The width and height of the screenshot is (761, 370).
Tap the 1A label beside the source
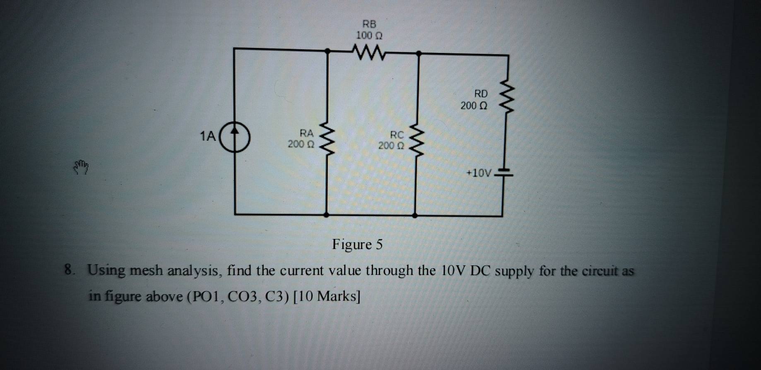(x=208, y=136)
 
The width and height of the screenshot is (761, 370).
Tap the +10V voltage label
(x=479, y=173)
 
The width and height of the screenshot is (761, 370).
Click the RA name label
(x=306, y=133)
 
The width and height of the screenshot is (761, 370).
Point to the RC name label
(x=397, y=135)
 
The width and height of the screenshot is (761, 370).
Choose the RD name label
(x=481, y=94)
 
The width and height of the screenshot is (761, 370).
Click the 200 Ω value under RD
(x=474, y=106)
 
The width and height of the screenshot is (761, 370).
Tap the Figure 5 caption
(x=357, y=245)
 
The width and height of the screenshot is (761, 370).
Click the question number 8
(x=69, y=270)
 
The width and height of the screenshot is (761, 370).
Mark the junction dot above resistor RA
(x=328, y=51)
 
